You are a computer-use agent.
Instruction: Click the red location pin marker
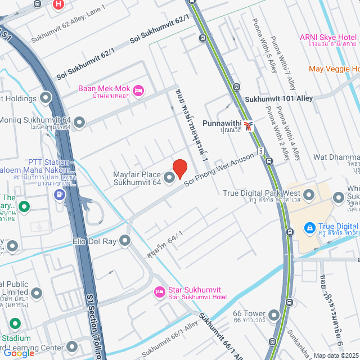(x=179, y=169)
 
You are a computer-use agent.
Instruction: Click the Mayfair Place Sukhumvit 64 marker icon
(x=169, y=179)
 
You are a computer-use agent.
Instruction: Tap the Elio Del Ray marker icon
(x=125, y=241)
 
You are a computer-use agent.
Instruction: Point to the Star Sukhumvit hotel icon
(x=159, y=292)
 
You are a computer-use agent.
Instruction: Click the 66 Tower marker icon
(x=274, y=315)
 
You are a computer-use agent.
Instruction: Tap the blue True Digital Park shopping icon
(x=308, y=227)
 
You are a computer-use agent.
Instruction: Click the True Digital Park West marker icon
(x=339, y=197)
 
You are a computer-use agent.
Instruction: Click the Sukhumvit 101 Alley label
(x=278, y=98)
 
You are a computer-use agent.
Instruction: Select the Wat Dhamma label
(x=336, y=156)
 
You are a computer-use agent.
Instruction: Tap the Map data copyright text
(x=336, y=355)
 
